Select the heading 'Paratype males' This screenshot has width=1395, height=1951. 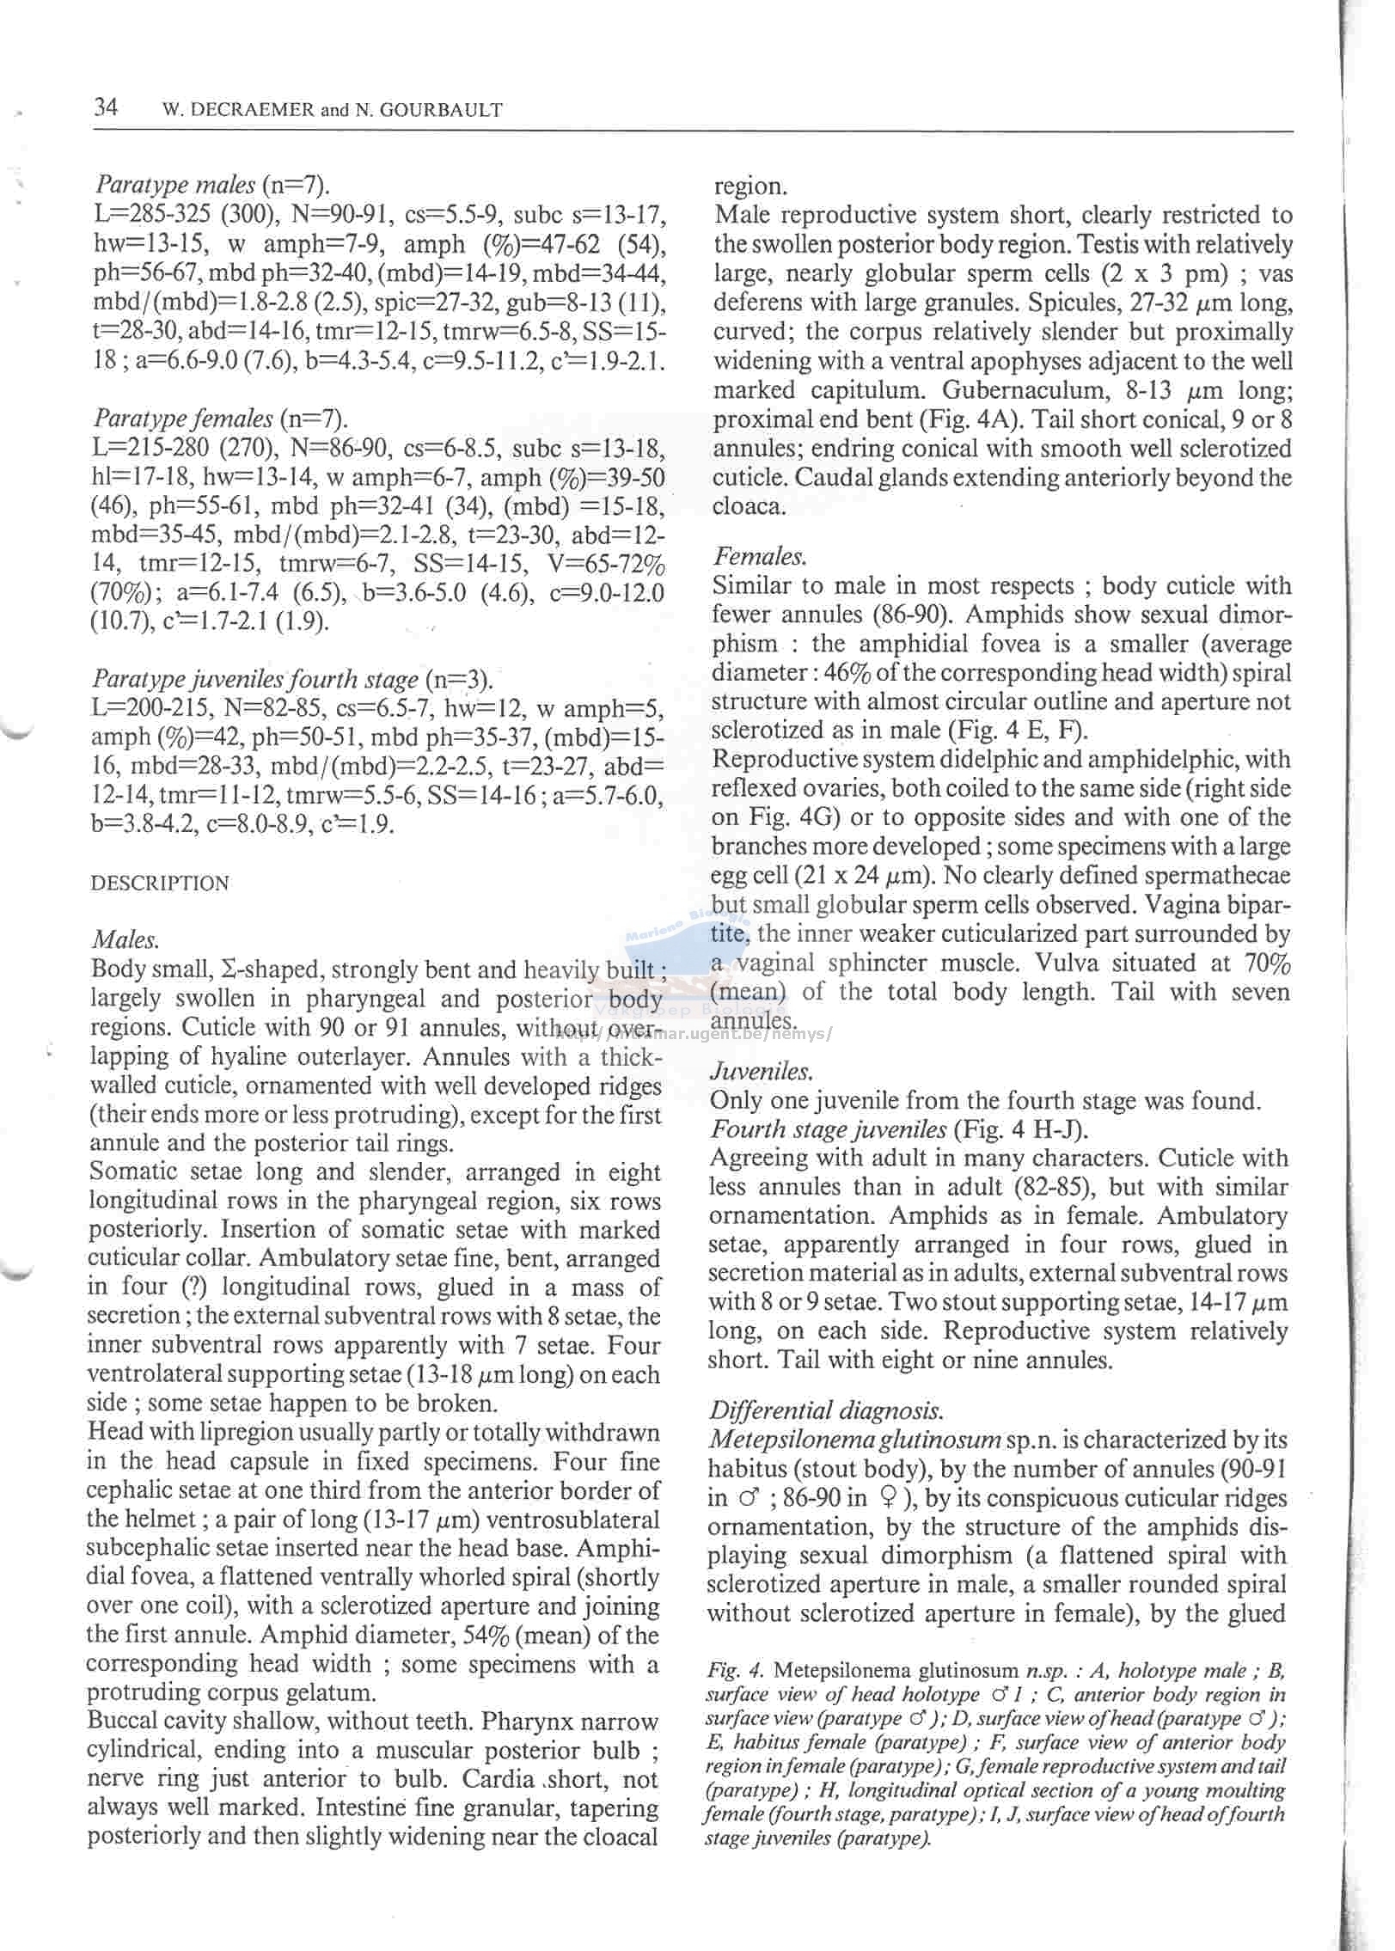175,184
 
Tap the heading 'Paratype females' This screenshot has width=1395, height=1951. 183,419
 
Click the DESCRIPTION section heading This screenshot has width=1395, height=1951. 160,884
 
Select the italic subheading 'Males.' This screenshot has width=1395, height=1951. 125,939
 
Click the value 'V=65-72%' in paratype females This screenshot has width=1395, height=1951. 605,565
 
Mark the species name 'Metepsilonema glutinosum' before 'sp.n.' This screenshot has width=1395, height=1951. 854,1440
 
